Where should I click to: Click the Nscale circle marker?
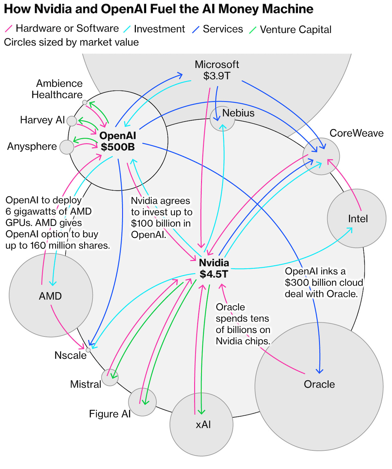[x=88, y=350]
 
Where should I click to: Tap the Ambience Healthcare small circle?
[x=85, y=103]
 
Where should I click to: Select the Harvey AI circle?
[x=72, y=121]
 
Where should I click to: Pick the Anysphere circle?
[x=67, y=147]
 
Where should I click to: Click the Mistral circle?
[x=110, y=377]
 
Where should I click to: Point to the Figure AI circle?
[x=142, y=402]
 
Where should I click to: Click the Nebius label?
[x=238, y=113]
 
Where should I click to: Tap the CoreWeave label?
[x=356, y=133]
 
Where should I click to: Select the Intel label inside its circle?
[x=358, y=219]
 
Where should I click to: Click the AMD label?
[x=50, y=296]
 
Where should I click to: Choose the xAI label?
[x=203, y=425]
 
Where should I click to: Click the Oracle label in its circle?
[x=319, y=384]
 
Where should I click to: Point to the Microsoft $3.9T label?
[x=217, y=70]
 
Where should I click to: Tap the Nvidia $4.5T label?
[x=214, y=268]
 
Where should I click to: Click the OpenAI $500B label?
[x=118, y=141]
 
